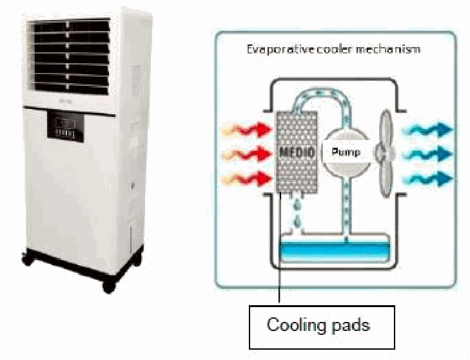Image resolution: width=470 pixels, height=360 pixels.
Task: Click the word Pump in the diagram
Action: tap(346, 152)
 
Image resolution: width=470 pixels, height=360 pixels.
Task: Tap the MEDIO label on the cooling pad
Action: tap(297, 152)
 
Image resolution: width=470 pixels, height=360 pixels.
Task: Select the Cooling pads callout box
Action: tap(322, 327)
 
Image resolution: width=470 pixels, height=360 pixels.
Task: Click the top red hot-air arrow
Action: tap(247, 130)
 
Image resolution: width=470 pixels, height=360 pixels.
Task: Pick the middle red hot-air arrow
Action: tap(247, 154)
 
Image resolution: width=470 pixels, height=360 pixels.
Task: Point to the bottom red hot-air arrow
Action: tap(247, 179)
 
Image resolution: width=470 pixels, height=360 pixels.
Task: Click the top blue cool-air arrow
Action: tap(427, 130)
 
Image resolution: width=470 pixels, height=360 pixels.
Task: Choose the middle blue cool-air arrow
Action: tap(427, 154)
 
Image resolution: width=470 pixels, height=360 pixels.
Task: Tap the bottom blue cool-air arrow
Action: tap(427, 179)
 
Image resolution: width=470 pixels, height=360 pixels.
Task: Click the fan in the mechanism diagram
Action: tap(384, 154)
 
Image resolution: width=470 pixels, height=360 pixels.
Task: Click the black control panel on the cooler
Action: tap(66, 126)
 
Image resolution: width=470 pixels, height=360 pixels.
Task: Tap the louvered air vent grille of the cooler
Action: tap(69, 57)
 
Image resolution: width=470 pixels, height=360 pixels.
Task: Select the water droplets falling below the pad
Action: tap(297, 213)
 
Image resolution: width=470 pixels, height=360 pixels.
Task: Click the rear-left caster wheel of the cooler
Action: tap(28, 259)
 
